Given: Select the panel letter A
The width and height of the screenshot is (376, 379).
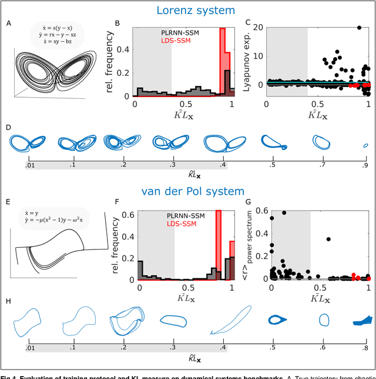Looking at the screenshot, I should click(8, 24).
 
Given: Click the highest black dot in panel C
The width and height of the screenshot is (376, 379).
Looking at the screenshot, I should click(359, 28).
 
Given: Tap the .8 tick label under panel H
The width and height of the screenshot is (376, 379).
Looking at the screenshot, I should click(365, 348).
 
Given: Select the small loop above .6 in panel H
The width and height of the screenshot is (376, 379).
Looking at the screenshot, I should click(324, 320).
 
